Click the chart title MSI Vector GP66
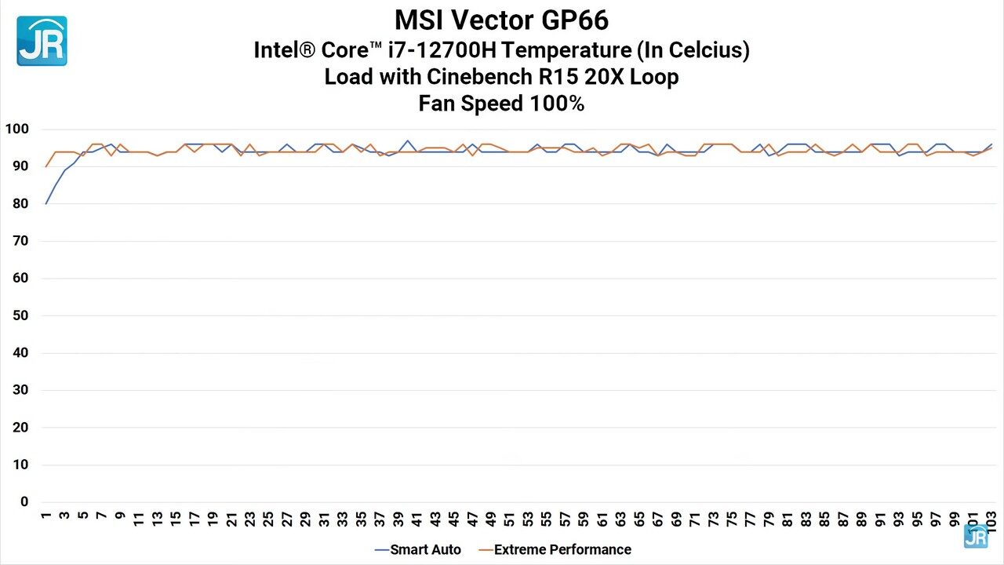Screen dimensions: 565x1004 click(x=501, y=19)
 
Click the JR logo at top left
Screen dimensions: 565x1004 click(x=42, y=41)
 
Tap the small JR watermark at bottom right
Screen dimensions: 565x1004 click(x=976, y=536)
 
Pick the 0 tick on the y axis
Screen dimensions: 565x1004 click(x=24, y=502)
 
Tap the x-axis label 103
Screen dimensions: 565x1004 click(x=991, y=522)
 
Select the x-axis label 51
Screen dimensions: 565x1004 click(x=510, y=519)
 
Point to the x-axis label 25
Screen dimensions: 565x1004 click(x=268, y=519)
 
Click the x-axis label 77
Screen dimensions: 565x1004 click(x=751, y=519)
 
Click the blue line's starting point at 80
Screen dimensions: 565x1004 click(x=46, y=203)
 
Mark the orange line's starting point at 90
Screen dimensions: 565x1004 click(x=46, y=166)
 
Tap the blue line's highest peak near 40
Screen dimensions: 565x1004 click(x=408, y=140)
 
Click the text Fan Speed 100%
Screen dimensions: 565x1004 click(x=501, y=104)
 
